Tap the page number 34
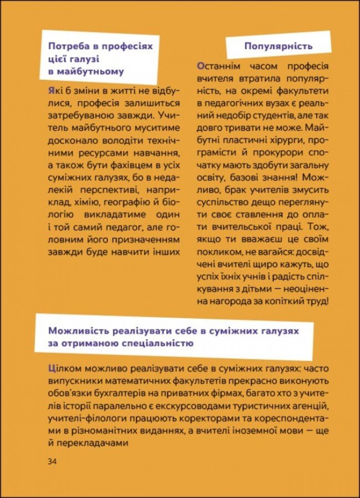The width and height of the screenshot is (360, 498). (52, 460)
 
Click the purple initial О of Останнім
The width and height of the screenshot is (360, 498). (201, 66)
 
